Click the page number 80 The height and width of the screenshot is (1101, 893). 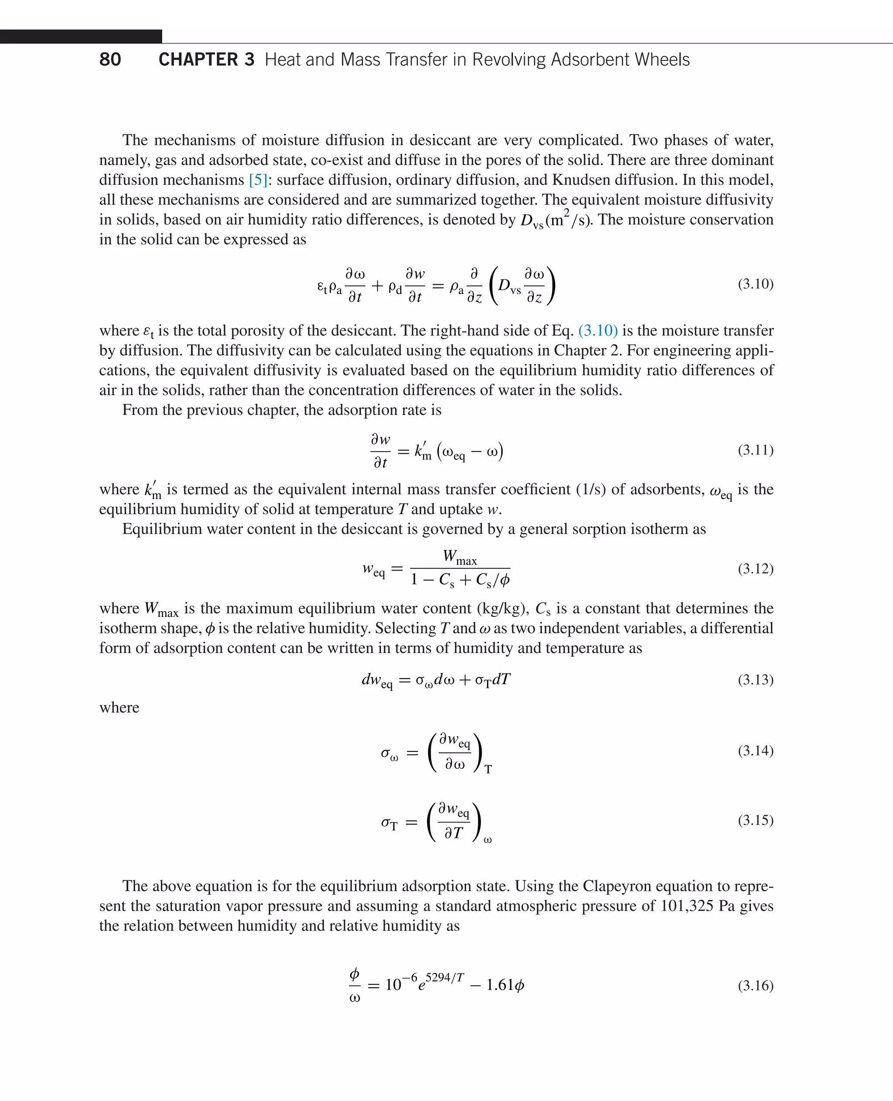[110, 60]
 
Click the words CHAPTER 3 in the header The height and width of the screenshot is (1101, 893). [206, 60]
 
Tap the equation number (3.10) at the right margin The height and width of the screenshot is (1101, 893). [755, 284]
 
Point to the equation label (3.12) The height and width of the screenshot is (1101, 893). [755, 569]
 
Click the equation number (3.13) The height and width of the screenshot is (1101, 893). [755, 680]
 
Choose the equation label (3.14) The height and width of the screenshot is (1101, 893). [755, 751]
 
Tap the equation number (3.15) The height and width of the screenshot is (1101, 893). [755, 820]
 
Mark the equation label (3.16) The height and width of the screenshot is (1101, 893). [755, 986]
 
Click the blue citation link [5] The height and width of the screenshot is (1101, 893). [258, 180]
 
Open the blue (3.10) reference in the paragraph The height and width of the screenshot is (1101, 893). [598, 331]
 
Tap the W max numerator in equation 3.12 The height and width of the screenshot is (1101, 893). [459, 557]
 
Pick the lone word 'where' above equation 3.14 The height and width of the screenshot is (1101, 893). [119, 707]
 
